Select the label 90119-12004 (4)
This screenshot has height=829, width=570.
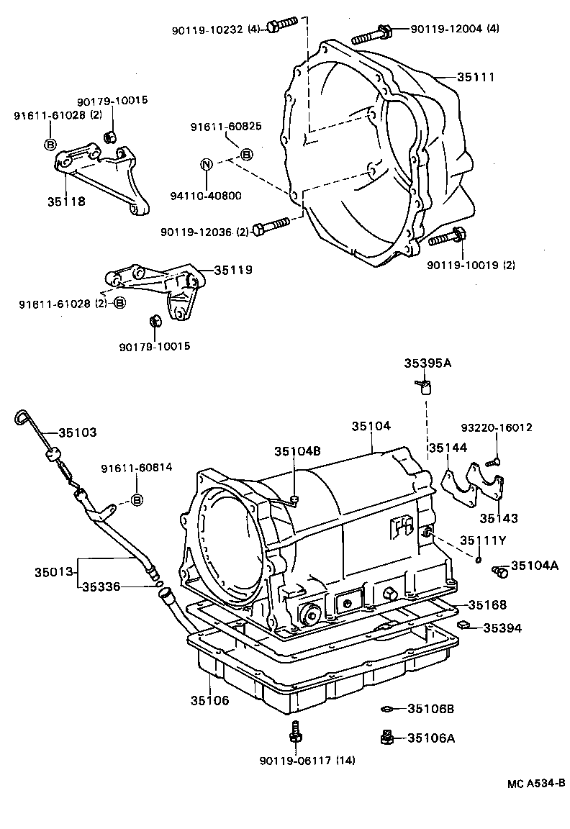[x=454, y=29]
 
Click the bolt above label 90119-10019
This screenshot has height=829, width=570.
[x=456, y=235]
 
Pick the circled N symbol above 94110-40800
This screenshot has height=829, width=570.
[x=205, y=164]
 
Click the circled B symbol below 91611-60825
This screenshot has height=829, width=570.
[x=245, y=154]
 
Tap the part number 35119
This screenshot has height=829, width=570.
[x=232, y=271]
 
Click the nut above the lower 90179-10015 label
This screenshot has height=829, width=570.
[x=153, y=321]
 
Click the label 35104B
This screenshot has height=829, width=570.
[x=297, y=451]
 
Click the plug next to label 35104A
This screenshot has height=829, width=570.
[x=499, y=571]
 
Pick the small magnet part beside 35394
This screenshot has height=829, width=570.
[x=465, y=624]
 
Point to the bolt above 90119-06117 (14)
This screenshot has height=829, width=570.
[x=294, y=732]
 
